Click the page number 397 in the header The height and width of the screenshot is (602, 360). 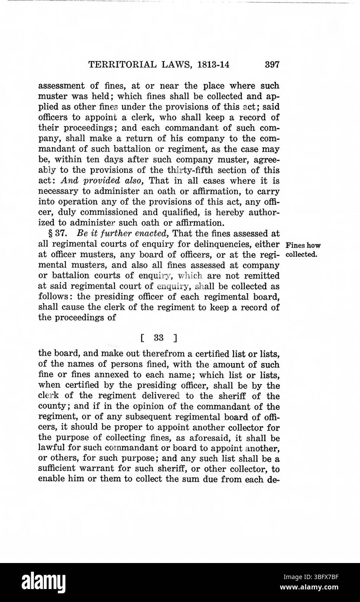point(272,65)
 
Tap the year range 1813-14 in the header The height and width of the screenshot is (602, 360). point(213,65)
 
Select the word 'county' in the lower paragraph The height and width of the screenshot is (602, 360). point(52,407)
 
